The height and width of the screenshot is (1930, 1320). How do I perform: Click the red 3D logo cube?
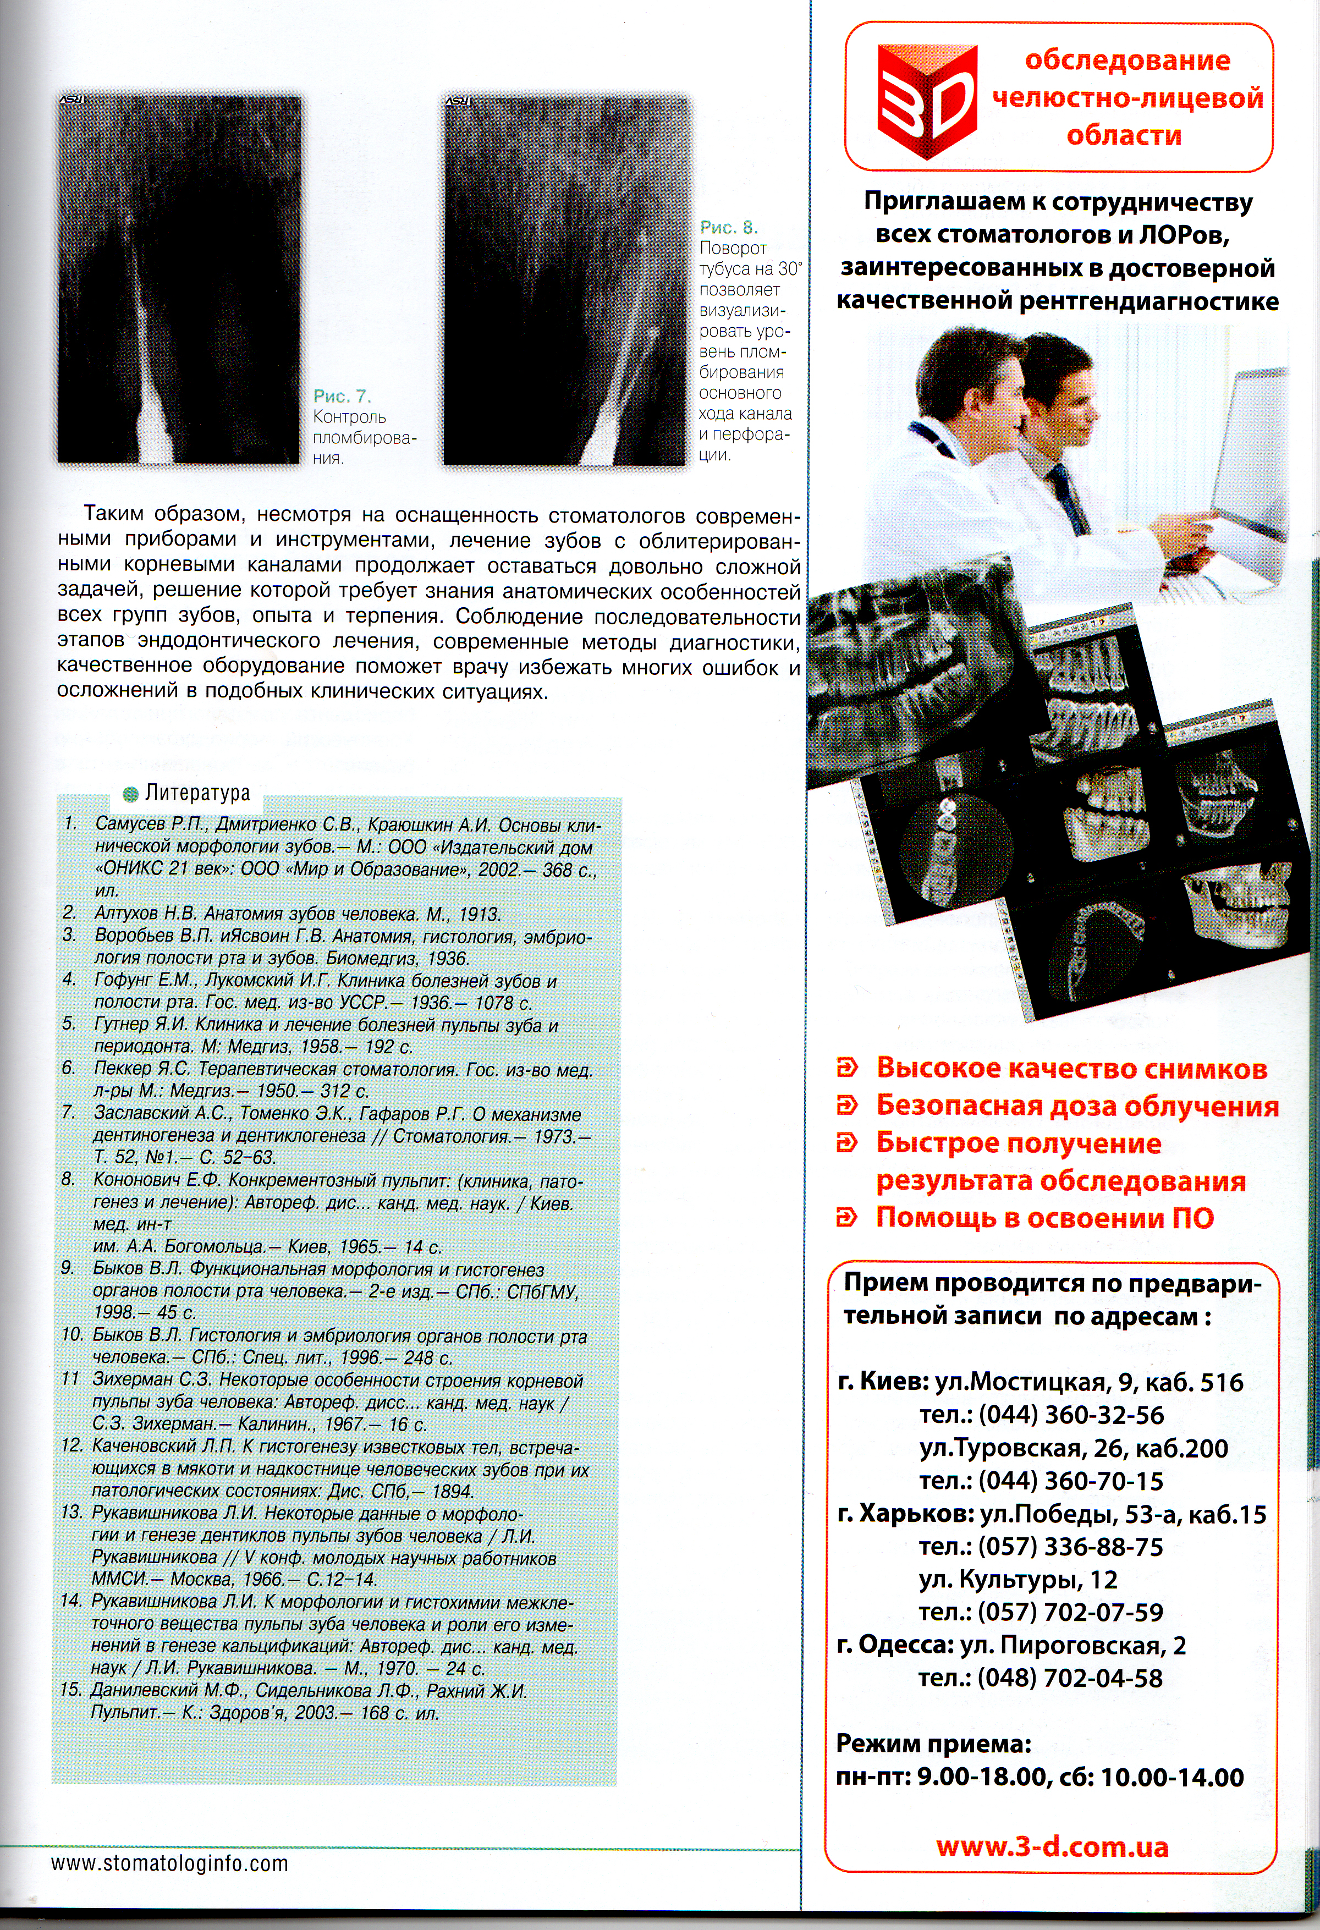tap(927, 101)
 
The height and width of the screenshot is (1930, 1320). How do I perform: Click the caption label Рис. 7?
tap(341, 396)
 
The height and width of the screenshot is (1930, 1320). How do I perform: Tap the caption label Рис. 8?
tap(728, 227)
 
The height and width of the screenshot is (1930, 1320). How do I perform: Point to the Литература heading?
tap(197, 793)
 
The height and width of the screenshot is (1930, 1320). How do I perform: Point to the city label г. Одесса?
tap(895, 1645)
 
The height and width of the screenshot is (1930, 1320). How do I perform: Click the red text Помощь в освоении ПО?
tap(1044, 1218)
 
